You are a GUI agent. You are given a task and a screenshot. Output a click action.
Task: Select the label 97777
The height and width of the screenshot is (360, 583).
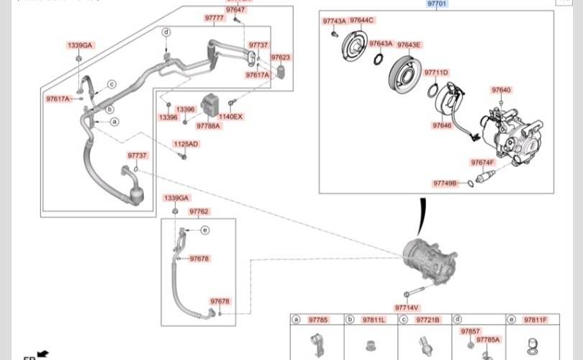tap(214, 17)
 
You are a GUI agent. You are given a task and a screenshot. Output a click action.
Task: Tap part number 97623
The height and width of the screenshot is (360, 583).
tap(281, 58)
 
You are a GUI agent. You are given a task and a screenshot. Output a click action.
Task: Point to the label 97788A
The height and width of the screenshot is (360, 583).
tap(209, 125)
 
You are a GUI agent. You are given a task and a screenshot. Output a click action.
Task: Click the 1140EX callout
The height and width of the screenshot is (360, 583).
tap(232, 117)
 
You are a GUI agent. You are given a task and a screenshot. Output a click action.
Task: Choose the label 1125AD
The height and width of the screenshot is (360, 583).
tap(186, 144)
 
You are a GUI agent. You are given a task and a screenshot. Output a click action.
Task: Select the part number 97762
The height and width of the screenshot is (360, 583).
tap(199, 212)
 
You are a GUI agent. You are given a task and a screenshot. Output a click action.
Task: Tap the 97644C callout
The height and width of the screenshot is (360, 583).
tap(361, 20)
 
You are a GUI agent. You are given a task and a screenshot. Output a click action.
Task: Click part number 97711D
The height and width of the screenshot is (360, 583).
tap(435, 73)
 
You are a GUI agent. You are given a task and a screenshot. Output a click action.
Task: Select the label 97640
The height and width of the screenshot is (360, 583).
tap(501, 90)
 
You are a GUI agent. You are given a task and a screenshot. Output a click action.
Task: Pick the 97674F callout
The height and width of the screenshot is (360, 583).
tap(482, 163)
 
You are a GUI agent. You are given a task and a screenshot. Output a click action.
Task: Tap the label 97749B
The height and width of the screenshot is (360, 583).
tap(445, 183)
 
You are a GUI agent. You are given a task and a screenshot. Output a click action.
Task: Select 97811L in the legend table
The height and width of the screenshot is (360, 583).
tap(374, 320)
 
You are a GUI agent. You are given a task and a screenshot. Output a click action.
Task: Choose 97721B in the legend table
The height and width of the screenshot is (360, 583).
tap(429, 320)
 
